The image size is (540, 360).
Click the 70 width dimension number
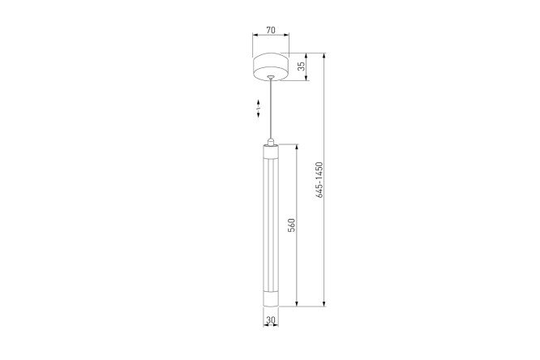point(271,30)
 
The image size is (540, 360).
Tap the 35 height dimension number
point(302,66)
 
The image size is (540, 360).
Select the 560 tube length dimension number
point(291,225)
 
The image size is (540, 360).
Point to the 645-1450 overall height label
point(319,180)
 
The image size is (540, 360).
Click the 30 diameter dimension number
point(271,320)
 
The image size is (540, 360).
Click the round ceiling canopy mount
point(271,66)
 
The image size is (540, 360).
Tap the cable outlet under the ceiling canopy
point(271,76)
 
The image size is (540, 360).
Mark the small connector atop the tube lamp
point(271,142)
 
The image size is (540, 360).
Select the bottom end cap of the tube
point(271,300)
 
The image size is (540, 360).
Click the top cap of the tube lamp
point(271,151)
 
